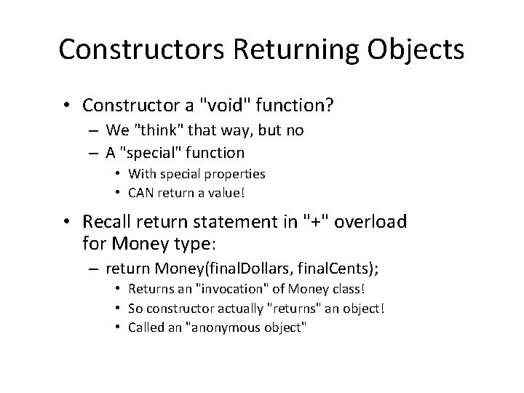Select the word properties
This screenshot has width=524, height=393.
234,174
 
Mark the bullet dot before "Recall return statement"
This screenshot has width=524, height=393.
68,221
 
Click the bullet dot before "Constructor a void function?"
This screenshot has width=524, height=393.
68,106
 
